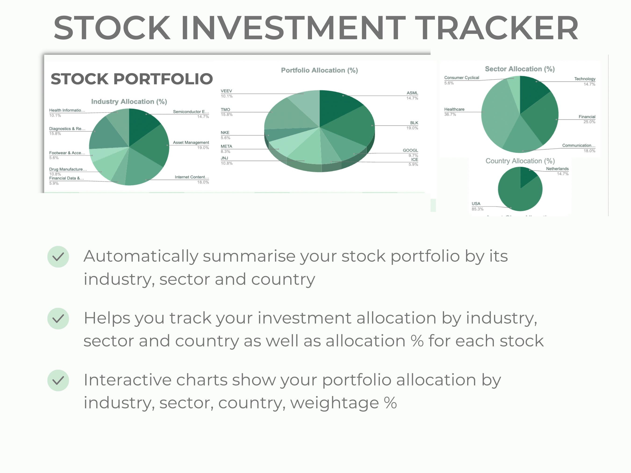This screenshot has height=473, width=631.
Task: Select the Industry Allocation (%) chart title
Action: point(129,102)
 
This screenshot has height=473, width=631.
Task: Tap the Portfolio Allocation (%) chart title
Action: point(319,70)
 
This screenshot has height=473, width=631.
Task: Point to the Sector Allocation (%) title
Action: point(520,69)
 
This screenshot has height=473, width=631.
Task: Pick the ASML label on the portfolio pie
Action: point(412,93)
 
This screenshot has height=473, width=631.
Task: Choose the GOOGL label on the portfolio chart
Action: point(410,150)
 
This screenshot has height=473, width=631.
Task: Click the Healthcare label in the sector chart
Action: point(454,110)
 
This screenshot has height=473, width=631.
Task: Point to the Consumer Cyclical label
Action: point(461,78)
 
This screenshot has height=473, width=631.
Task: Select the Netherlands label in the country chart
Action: point(557,169)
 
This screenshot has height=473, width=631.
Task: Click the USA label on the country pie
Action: point(476,204)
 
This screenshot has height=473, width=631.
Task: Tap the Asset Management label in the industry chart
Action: point(191,142)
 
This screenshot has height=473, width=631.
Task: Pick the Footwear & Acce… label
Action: point(67,153)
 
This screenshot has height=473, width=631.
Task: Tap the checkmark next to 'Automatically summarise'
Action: point(58,257)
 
